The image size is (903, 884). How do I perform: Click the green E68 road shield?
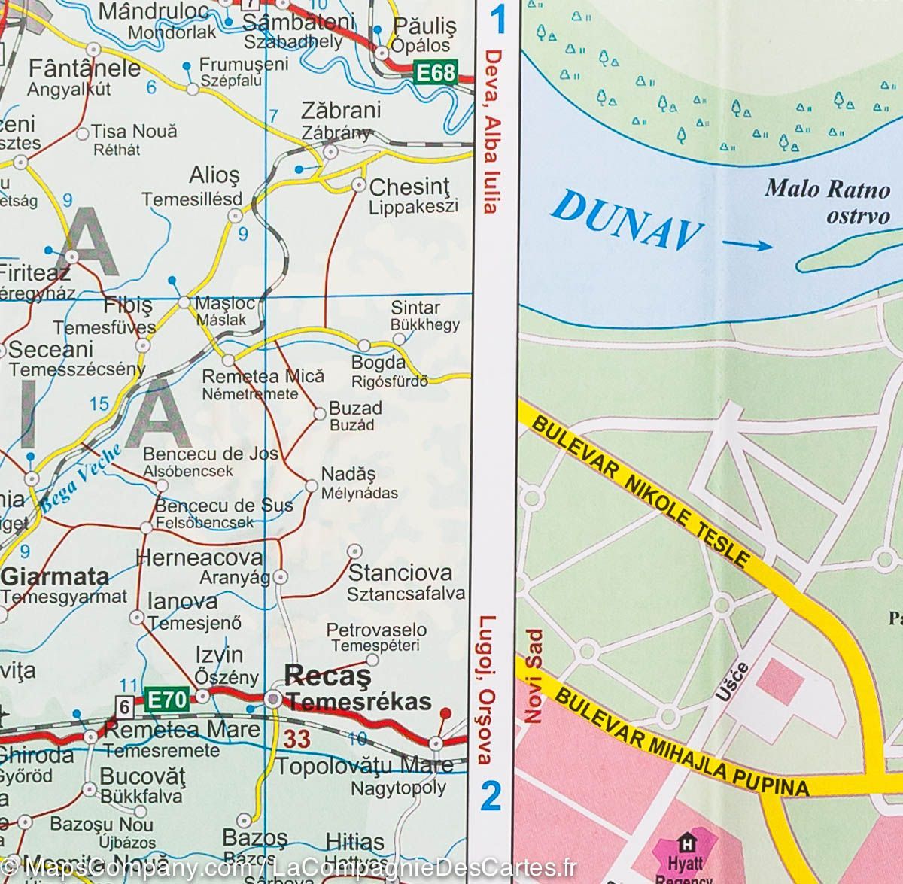coord(436,73)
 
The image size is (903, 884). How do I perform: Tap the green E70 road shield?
coord(164,700)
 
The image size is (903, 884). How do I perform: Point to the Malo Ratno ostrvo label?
coord(826,201)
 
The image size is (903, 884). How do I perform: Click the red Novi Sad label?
coord(534,676)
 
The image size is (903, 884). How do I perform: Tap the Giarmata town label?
coord(56,577)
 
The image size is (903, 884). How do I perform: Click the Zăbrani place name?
coord(341,111)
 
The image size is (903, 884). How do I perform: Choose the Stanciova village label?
coord(400,573)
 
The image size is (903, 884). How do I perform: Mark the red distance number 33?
coord(296,739)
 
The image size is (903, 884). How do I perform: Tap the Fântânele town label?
coord(84,68)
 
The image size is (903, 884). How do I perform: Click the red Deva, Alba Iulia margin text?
coord(492,132)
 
